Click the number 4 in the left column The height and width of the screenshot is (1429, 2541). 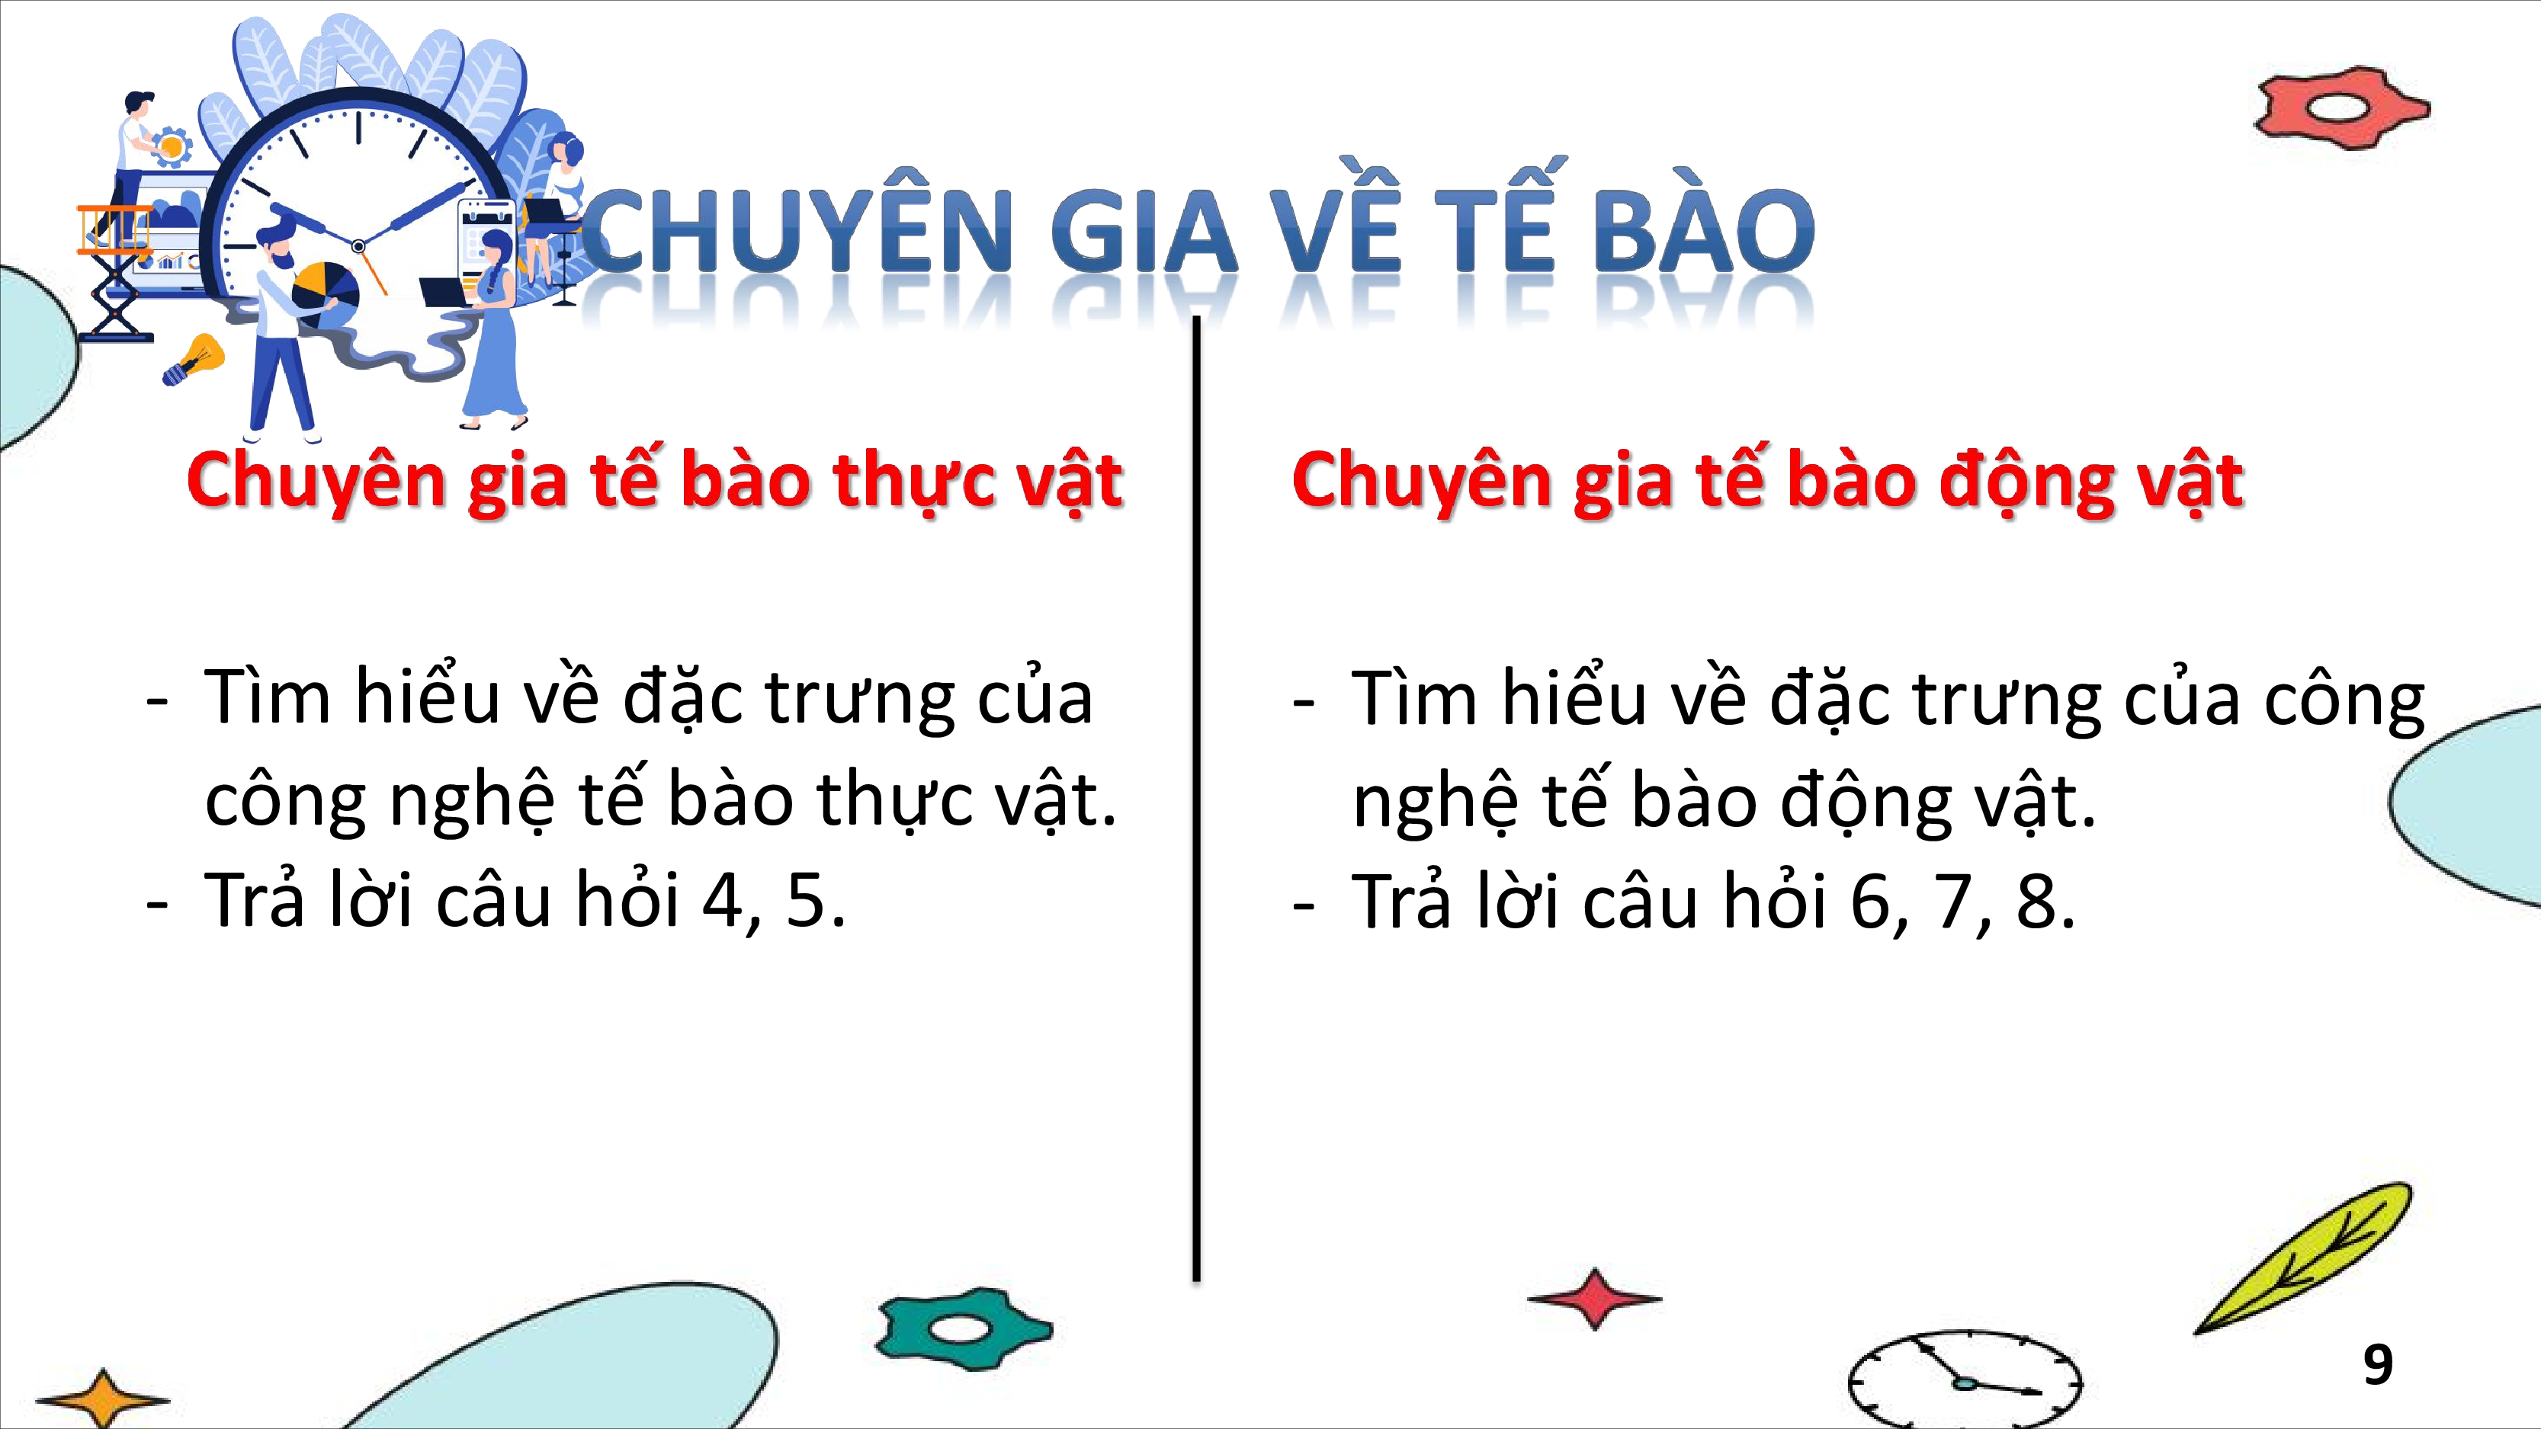[724, 899]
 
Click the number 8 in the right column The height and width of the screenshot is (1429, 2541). [2036, 900]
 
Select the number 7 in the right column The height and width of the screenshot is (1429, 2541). [1952, 900]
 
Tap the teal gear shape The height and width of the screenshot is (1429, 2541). [963, 1328]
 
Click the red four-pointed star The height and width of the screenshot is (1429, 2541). [1594, 1298]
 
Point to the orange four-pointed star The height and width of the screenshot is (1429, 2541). [103, 1398]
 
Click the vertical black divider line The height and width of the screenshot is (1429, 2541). [1196, 799]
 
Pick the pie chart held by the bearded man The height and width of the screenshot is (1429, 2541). [326, 292]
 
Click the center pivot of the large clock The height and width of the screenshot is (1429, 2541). [358, 245]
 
